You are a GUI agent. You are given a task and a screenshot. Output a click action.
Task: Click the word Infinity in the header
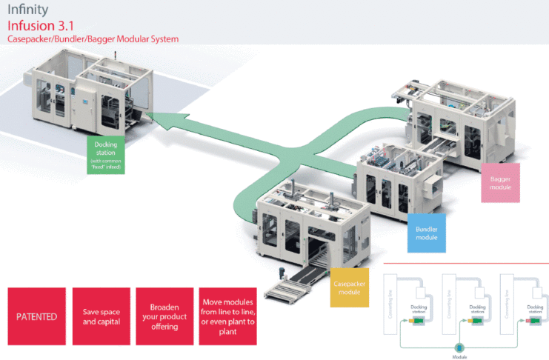point(28,10)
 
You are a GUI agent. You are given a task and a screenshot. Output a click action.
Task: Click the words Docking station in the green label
point(104,148)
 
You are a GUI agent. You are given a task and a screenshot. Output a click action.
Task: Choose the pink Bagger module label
point(500,183)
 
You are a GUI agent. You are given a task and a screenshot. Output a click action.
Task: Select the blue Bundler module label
point(426,232)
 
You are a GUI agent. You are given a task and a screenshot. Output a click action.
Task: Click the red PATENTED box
point(36,316)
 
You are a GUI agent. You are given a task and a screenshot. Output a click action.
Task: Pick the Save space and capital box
point(101,316)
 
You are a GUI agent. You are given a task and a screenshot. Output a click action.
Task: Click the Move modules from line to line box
point(228,316)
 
